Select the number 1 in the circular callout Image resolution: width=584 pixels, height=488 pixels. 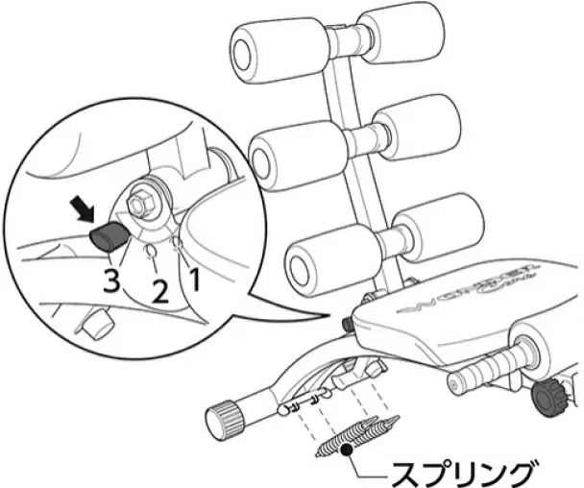click(196, 279)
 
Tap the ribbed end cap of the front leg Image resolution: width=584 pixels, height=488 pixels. click(222, 420)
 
